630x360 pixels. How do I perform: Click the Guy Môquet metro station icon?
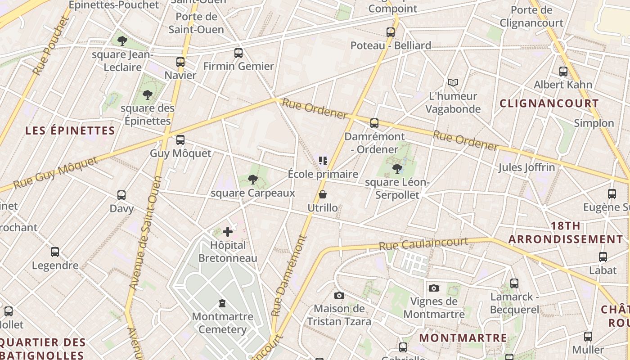[x=180, y=140]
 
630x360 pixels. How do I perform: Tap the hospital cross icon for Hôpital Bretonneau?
[x=228, y=232]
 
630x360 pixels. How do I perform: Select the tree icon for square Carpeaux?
[x=253, y=180]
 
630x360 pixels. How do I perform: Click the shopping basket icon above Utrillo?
[x=323, y=194]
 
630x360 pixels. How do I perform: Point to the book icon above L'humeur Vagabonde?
[x=453, y=83]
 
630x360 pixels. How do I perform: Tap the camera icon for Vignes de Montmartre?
[x=434, y=288]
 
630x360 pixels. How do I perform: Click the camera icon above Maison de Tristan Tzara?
[x=339, y=295]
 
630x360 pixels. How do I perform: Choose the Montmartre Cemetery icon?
[x=222, y=303]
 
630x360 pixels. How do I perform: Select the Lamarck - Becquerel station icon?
[x=514, y=283]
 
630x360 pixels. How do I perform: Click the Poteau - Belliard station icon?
[x=391, y=32]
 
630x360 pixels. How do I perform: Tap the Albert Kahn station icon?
[x=563, y=71]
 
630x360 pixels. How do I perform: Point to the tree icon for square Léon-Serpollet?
[x=397, y=169]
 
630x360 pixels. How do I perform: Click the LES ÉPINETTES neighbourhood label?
[x=70, y=131]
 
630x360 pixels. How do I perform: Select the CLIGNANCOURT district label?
[x=549, y=103]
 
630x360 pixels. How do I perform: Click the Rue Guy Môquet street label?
[x=55, y=173]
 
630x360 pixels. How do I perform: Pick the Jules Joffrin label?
[x=526, y=168]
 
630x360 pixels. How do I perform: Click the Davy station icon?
[x=121, y=195]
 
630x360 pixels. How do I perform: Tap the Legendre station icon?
[x=55, y=252]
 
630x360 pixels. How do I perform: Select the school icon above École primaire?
[x=323, y=160]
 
